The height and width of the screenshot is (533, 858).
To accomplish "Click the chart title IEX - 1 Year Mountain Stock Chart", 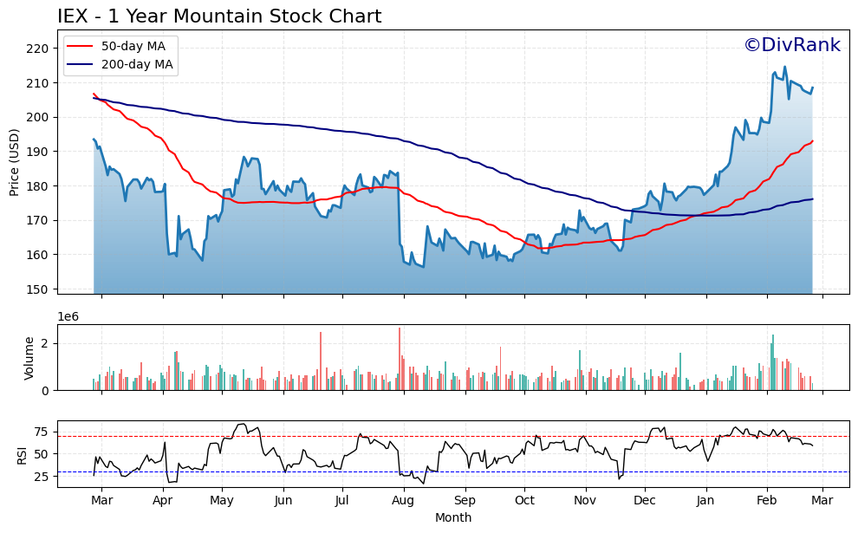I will tap(219, 16).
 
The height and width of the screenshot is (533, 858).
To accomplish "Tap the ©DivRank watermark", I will tap(792, 45).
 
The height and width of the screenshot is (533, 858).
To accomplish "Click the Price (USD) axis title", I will tap(15, 163).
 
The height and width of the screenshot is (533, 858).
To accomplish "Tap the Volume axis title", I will tap(29, 358).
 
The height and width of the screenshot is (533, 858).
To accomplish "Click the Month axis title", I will tap(453, 517).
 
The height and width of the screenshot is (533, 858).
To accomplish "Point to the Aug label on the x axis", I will tap(403, 500).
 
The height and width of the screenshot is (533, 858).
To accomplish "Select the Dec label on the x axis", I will tap(644, 500).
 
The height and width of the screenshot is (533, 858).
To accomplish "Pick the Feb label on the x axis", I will tap(767, 500).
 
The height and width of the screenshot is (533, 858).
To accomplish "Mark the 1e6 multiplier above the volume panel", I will tap(68, 316).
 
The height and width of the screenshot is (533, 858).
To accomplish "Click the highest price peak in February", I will tap(785, 67).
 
